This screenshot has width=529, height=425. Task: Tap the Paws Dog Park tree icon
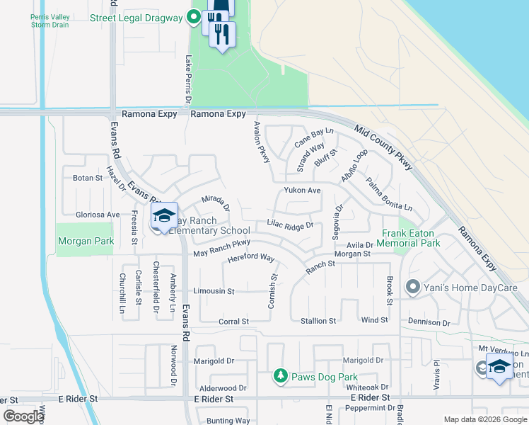pos(281,375)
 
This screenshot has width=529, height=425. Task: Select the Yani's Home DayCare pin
pos(413,288)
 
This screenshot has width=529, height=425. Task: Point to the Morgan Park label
pos(86,241)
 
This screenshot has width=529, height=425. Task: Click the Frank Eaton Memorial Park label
pos(411,237)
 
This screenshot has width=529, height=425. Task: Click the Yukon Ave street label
pos(303,191)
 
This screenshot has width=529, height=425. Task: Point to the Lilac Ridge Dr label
pos(290,225)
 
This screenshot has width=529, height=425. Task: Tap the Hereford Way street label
pos(250,259)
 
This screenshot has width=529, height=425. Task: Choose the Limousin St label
pos(214,291)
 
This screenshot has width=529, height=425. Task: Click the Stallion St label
pos(318,321)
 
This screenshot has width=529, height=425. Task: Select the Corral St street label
pos(234,321)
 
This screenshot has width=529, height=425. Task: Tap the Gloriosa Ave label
pos(98,214)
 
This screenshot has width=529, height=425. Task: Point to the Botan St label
pos(88,178)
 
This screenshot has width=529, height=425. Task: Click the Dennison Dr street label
pos(429,322)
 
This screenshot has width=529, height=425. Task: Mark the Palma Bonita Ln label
pos(388,193)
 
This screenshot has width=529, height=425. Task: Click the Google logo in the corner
pos(23,416)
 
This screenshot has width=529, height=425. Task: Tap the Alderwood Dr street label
pos(223,388)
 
